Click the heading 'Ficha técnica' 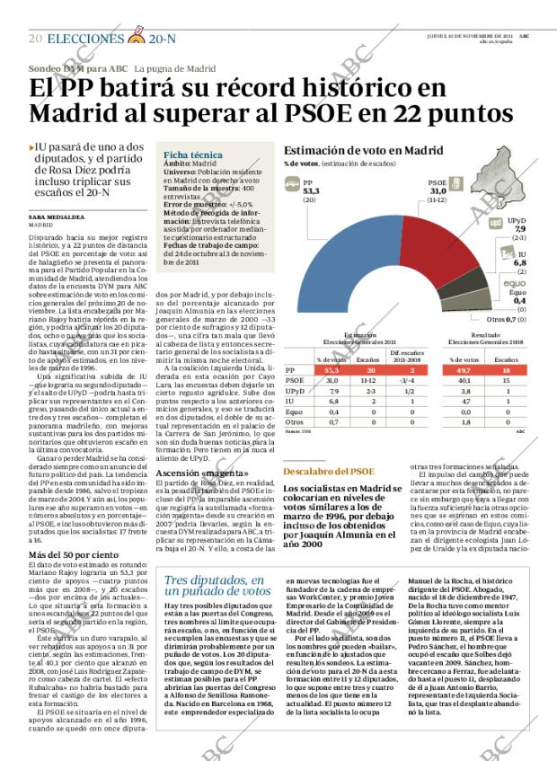pos(187,155)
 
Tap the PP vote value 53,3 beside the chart pos(311,191)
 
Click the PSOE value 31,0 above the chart pos(437,191)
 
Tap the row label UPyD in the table pos(296,392)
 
